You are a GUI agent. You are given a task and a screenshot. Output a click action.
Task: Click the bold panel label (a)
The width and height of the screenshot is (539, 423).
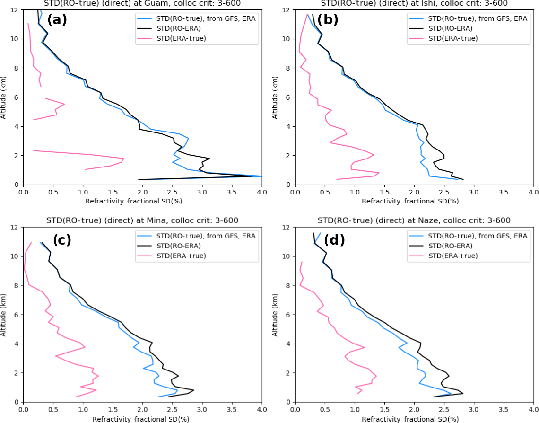coord(57,20)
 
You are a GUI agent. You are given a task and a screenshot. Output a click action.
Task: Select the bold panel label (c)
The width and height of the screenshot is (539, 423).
coord(62,240)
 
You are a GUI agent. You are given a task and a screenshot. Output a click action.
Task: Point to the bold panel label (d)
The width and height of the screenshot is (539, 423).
coord(334,240)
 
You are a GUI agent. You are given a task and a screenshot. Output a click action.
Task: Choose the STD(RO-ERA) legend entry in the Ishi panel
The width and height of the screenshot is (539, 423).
coord(450,28)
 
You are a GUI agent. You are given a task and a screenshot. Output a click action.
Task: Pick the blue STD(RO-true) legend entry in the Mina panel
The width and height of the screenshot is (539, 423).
coord(196,236)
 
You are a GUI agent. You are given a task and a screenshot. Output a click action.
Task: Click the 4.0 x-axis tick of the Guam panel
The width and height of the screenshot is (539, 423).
coord(261,193)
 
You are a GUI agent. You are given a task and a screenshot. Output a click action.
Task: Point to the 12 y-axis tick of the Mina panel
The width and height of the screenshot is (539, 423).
coord(15,227)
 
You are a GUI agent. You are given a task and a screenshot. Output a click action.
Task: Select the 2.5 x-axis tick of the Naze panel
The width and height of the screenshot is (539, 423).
coord(444,410)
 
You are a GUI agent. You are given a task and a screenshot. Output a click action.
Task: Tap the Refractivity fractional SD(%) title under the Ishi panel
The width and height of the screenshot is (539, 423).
coord(410,201)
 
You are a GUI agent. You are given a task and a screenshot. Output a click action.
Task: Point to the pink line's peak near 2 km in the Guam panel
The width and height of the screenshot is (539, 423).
coord(123,159)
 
